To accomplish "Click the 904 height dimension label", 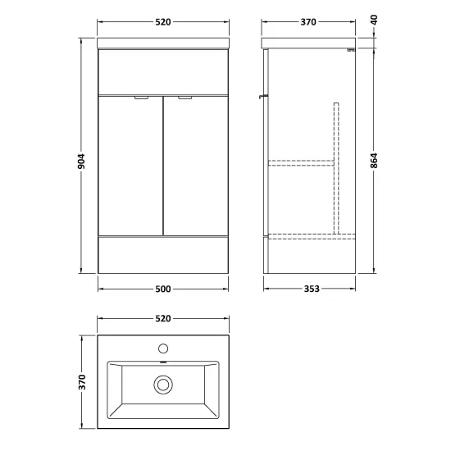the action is (x=82, y=162).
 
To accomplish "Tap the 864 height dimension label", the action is (x=374, y=161).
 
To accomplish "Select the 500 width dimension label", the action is (x=163, y=289).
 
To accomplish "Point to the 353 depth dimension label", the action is (x=312, y=289).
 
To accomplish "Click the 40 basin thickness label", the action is (x=374, y=20).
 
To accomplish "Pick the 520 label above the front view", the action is (x=163, y=22).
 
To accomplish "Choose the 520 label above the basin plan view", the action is (x=163, y=318).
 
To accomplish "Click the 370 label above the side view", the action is (x=308, y=22).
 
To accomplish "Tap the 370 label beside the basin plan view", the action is (x=82, y=382).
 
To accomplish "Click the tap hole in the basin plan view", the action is (x=163, y=348).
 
